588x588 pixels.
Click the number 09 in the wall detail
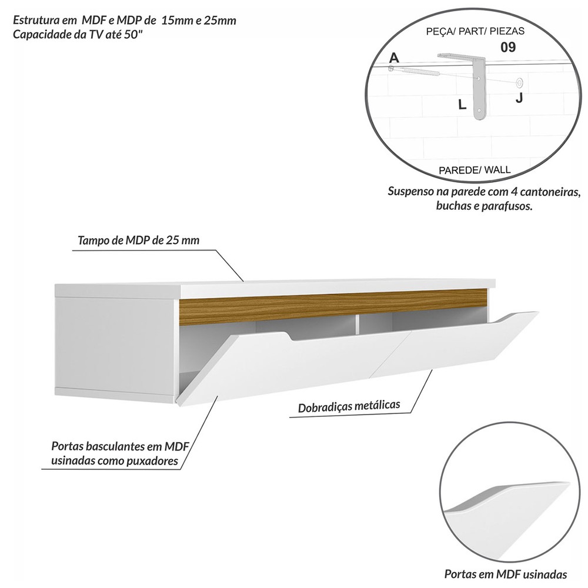[x=508, y=47]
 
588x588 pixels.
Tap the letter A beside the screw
[x=394, y=58]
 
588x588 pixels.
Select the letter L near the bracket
[x=462, y=104]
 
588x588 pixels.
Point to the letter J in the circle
[x=519, y=98]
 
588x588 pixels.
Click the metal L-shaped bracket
[x=479, y=86]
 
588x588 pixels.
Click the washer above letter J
[x=519, y=82]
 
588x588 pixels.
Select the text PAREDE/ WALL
[x=475, y=170]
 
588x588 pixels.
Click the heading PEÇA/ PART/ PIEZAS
[x=475, y=31]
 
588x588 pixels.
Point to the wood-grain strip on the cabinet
[x=333, y=306]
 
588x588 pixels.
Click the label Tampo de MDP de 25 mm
[x=138, y=240]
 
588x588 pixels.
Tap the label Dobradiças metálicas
[x=349, y=406]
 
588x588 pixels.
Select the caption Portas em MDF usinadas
[x=506, y=574]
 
